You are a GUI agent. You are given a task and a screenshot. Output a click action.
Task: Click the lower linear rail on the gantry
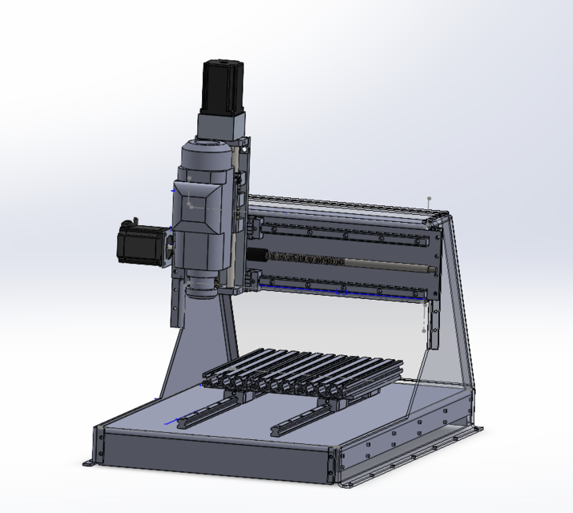(345, 288)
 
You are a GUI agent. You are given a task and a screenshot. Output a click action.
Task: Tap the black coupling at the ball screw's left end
(258, 256)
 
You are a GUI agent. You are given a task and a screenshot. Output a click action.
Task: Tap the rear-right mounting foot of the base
(479, 430)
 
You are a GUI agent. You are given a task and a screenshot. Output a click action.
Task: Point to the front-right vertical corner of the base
(333, 465)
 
